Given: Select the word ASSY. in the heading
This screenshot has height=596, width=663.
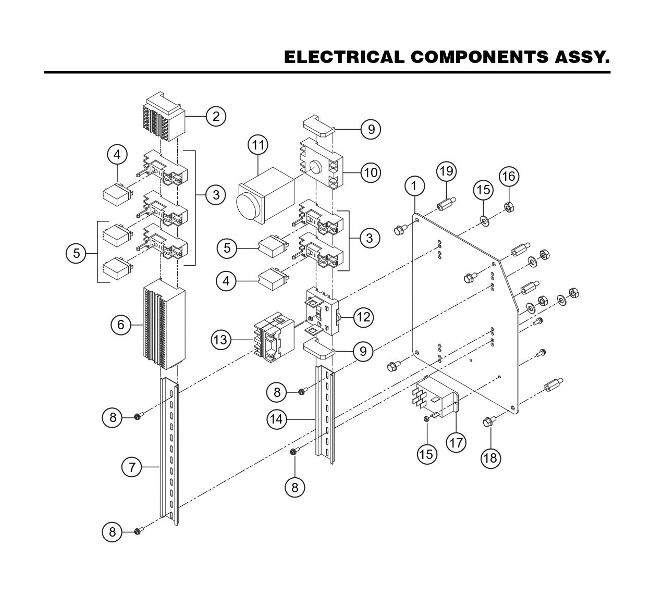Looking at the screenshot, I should (x=580, y=57).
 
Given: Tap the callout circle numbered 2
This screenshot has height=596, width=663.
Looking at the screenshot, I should (x=216, y=116).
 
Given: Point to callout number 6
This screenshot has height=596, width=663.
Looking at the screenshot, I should (x=121, y=325).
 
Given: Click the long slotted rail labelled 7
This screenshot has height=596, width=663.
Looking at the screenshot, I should (x=169, y=451).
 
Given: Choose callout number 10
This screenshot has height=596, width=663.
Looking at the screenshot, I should (x=371, y=172).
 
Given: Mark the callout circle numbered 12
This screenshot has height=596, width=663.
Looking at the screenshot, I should (x=364, y=317).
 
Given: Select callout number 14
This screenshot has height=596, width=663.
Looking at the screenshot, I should (x=278, y=418).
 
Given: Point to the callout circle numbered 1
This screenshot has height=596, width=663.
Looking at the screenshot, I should (x=415, y=185).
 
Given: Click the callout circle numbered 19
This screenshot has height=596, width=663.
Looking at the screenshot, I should (x=447, y=171).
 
